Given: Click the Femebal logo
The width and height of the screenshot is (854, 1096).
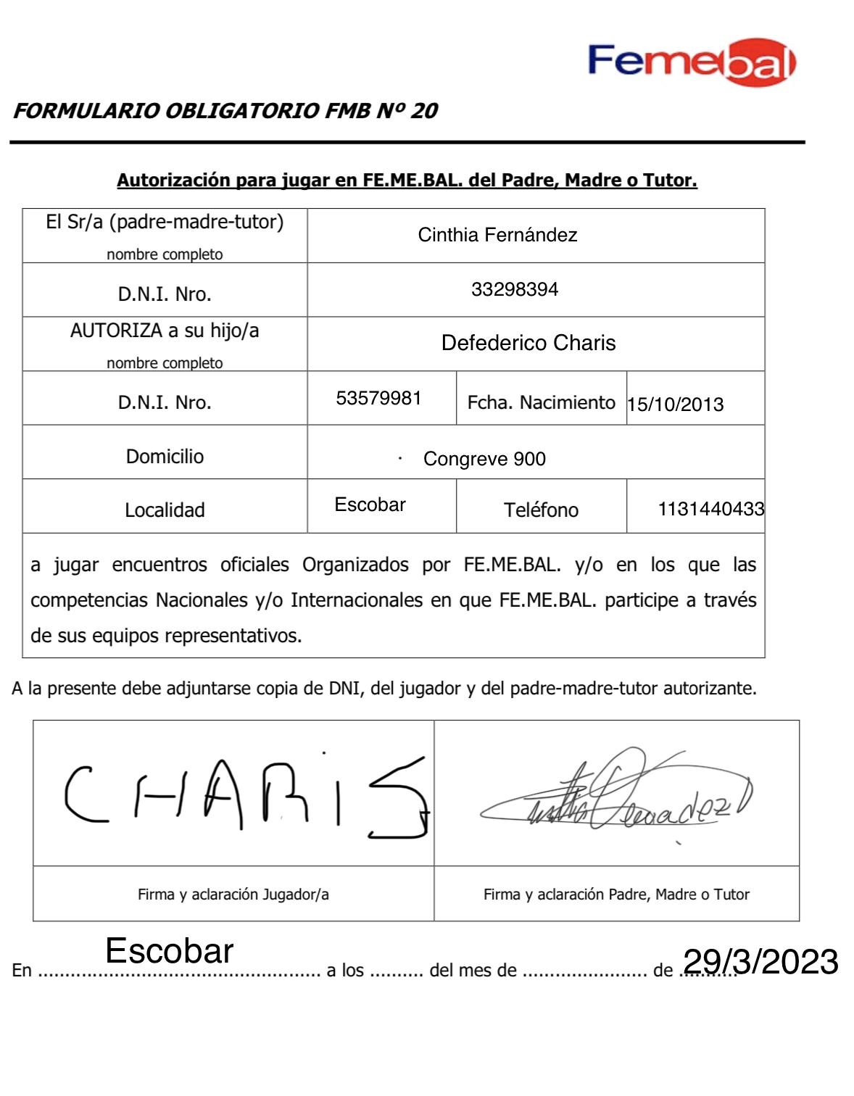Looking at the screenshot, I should pos(692,62).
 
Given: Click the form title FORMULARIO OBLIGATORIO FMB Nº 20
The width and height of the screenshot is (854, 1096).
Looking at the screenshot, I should pos(225,111).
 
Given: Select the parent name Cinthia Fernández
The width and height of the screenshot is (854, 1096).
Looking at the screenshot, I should pos(497,235).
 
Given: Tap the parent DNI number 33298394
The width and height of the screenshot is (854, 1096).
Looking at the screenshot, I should pos(515,289).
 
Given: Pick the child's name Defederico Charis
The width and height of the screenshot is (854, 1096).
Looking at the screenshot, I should pos(528,343).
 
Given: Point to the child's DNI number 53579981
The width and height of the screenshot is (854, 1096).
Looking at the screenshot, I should pos(378,398).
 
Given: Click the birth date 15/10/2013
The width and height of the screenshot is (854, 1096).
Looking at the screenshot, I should pos(676,404).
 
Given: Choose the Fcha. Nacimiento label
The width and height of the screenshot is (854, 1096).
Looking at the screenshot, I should pos(541,402).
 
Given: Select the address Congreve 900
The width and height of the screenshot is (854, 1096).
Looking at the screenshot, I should pos(484,459).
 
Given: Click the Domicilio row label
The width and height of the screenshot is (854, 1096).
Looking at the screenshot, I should pos(165,457).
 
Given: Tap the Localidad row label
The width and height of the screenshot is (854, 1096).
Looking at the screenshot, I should pos(165,510).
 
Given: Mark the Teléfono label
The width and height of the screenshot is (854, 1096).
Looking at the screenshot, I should pos(541,510).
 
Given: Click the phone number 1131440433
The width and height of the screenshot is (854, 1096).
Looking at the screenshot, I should pos(710,509).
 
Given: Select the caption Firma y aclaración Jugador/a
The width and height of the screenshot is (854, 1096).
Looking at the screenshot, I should pos(233,894).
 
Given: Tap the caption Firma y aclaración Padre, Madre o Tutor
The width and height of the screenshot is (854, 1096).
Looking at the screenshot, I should pos(616,894).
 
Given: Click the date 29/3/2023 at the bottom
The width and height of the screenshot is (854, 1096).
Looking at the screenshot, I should pos(760,962).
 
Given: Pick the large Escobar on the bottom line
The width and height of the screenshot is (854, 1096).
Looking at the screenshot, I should pos(170,951).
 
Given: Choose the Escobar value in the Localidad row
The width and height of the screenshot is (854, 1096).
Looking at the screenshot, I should pos(370,505).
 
